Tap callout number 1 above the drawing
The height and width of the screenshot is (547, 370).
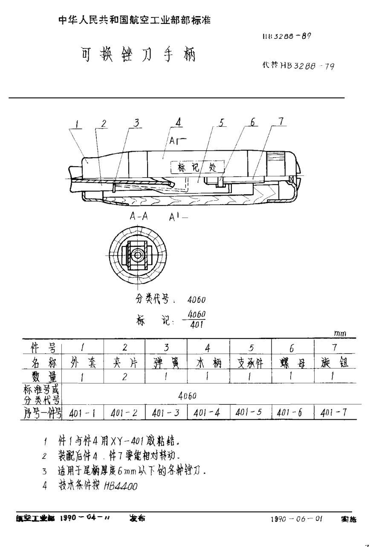(x=77, y=124)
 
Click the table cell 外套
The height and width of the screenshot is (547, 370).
(x=83, y=363)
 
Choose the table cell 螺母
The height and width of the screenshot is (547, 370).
(x=292, y=364)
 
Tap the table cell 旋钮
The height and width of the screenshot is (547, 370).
(x=335, y=363)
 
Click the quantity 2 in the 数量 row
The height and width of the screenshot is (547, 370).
(x=124, y=377)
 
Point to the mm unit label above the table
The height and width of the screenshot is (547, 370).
(x=340, y=333)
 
